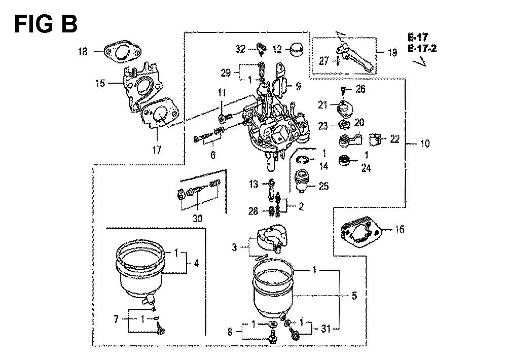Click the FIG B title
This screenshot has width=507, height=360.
pyautogui.click(x=46, y=24)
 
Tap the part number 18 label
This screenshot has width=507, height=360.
pyautogui.click(x=83, y=51)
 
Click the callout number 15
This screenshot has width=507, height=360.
pyautogui.click(x=100, y=84)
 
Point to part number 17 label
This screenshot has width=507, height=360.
pyautogui.click(x=157, y=150)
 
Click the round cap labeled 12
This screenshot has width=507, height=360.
pyautogui.click(x=298, y=49)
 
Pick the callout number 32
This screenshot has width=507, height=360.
pyautogui.click(x=240, y=49)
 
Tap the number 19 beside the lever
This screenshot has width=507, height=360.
pyautogui.click(x=392, y=52)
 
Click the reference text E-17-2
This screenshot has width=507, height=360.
pyautogui.click(x=422, y=49)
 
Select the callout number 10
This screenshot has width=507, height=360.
pyautogui.click(x=425, y=143)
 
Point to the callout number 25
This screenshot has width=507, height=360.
pyautogui.click(x=323, y=186)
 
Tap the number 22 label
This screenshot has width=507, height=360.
pyautogui.click(x=394, y=139)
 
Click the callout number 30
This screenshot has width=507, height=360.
pyautogui.click(x=197, y=219)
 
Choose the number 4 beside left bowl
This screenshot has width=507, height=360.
pyautogui.click(x=196, y=264)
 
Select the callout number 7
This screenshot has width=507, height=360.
pyautogui.click(x=116, y=319)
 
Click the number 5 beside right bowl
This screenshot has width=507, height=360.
pyautogui.click(x=354, y=295)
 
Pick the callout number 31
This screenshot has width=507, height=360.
pyautogui.click(x=325, y=329)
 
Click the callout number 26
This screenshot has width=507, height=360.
pyautogui.click(x=360, y=89)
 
